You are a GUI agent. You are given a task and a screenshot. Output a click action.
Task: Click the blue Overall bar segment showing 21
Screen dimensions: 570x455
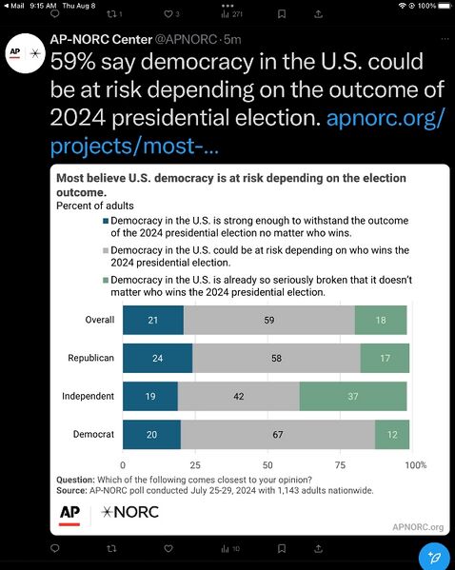153,320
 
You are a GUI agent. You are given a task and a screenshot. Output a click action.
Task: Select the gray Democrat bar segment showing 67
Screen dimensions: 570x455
278,434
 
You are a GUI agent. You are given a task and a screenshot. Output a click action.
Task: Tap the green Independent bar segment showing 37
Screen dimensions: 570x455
353,396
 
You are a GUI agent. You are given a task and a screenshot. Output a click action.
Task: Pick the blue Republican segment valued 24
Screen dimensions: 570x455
157,358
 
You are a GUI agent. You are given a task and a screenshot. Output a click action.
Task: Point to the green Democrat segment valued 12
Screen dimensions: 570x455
392,434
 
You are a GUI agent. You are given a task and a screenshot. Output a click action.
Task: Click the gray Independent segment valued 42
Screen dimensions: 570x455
239,396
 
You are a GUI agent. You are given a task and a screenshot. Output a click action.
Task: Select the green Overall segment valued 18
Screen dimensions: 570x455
381,320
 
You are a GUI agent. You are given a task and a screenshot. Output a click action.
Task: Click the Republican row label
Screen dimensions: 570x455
92,358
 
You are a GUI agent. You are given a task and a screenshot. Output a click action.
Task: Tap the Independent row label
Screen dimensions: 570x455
89,396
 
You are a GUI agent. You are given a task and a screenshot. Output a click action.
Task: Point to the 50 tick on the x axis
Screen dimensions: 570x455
268,465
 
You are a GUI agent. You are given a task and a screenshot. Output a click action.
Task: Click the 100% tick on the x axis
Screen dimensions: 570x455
416,465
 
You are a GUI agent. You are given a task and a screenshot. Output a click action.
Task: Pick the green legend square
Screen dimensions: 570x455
105,281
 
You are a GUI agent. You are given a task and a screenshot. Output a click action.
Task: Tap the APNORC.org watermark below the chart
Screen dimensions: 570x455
418,526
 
